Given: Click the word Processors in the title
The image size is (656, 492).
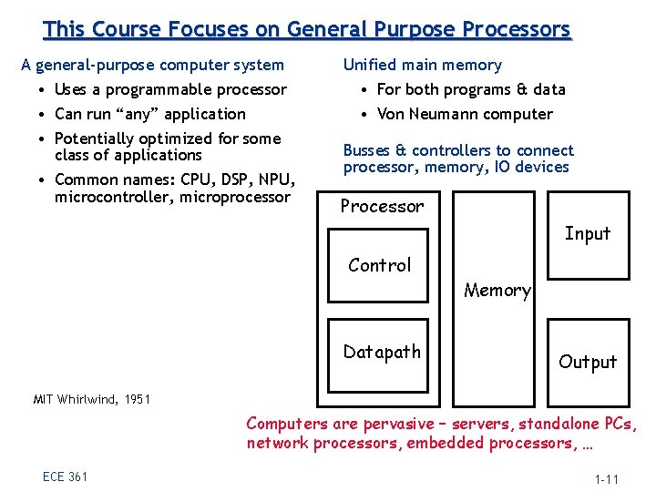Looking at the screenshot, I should (x=516, y=29).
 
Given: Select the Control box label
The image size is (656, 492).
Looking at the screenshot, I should (x=380, y=265).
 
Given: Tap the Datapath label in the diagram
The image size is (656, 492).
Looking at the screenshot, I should (x=382, y=352).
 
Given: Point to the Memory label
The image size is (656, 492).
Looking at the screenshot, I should (x=497, y=291).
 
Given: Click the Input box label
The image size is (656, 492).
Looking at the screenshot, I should (x=588, y=233).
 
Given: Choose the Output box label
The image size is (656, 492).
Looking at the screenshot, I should (x=588, y=362).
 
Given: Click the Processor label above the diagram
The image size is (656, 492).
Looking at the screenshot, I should (x=382, y=206).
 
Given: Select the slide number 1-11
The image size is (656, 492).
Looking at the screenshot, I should (x=608, y=478).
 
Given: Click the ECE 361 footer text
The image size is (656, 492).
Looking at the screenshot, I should (x=65, y=477).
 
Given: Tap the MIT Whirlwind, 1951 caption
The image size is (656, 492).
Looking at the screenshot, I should (x=91, y=399).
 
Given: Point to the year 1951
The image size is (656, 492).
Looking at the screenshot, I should (x=135, y=399).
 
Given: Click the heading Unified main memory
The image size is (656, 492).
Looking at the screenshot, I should (x=422, y=65).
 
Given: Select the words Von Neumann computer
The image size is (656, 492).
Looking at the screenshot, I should (x=465, y=114).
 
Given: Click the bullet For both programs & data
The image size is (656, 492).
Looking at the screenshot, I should (x=471, y=89).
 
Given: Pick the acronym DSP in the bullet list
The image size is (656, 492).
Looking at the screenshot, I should (x=218, y=179).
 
